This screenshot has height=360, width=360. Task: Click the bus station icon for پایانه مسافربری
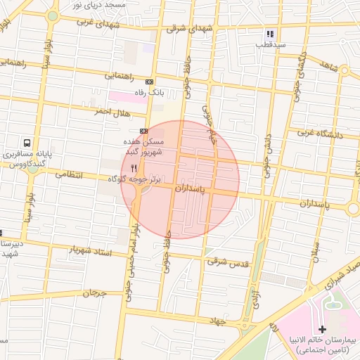coord(27,142)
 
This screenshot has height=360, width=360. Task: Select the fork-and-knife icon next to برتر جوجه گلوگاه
coord(134,168)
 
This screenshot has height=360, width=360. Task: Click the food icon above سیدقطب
coord(269,33)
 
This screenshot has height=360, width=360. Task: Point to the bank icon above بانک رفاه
coord(148,82)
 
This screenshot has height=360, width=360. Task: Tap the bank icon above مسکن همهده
coord(143,131)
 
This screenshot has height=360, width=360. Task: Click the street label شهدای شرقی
coord(188,30)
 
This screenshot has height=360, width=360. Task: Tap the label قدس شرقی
coord(228,261)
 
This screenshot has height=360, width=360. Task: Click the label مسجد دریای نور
coord(99,5)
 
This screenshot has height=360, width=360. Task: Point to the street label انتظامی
coord(68,173)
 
